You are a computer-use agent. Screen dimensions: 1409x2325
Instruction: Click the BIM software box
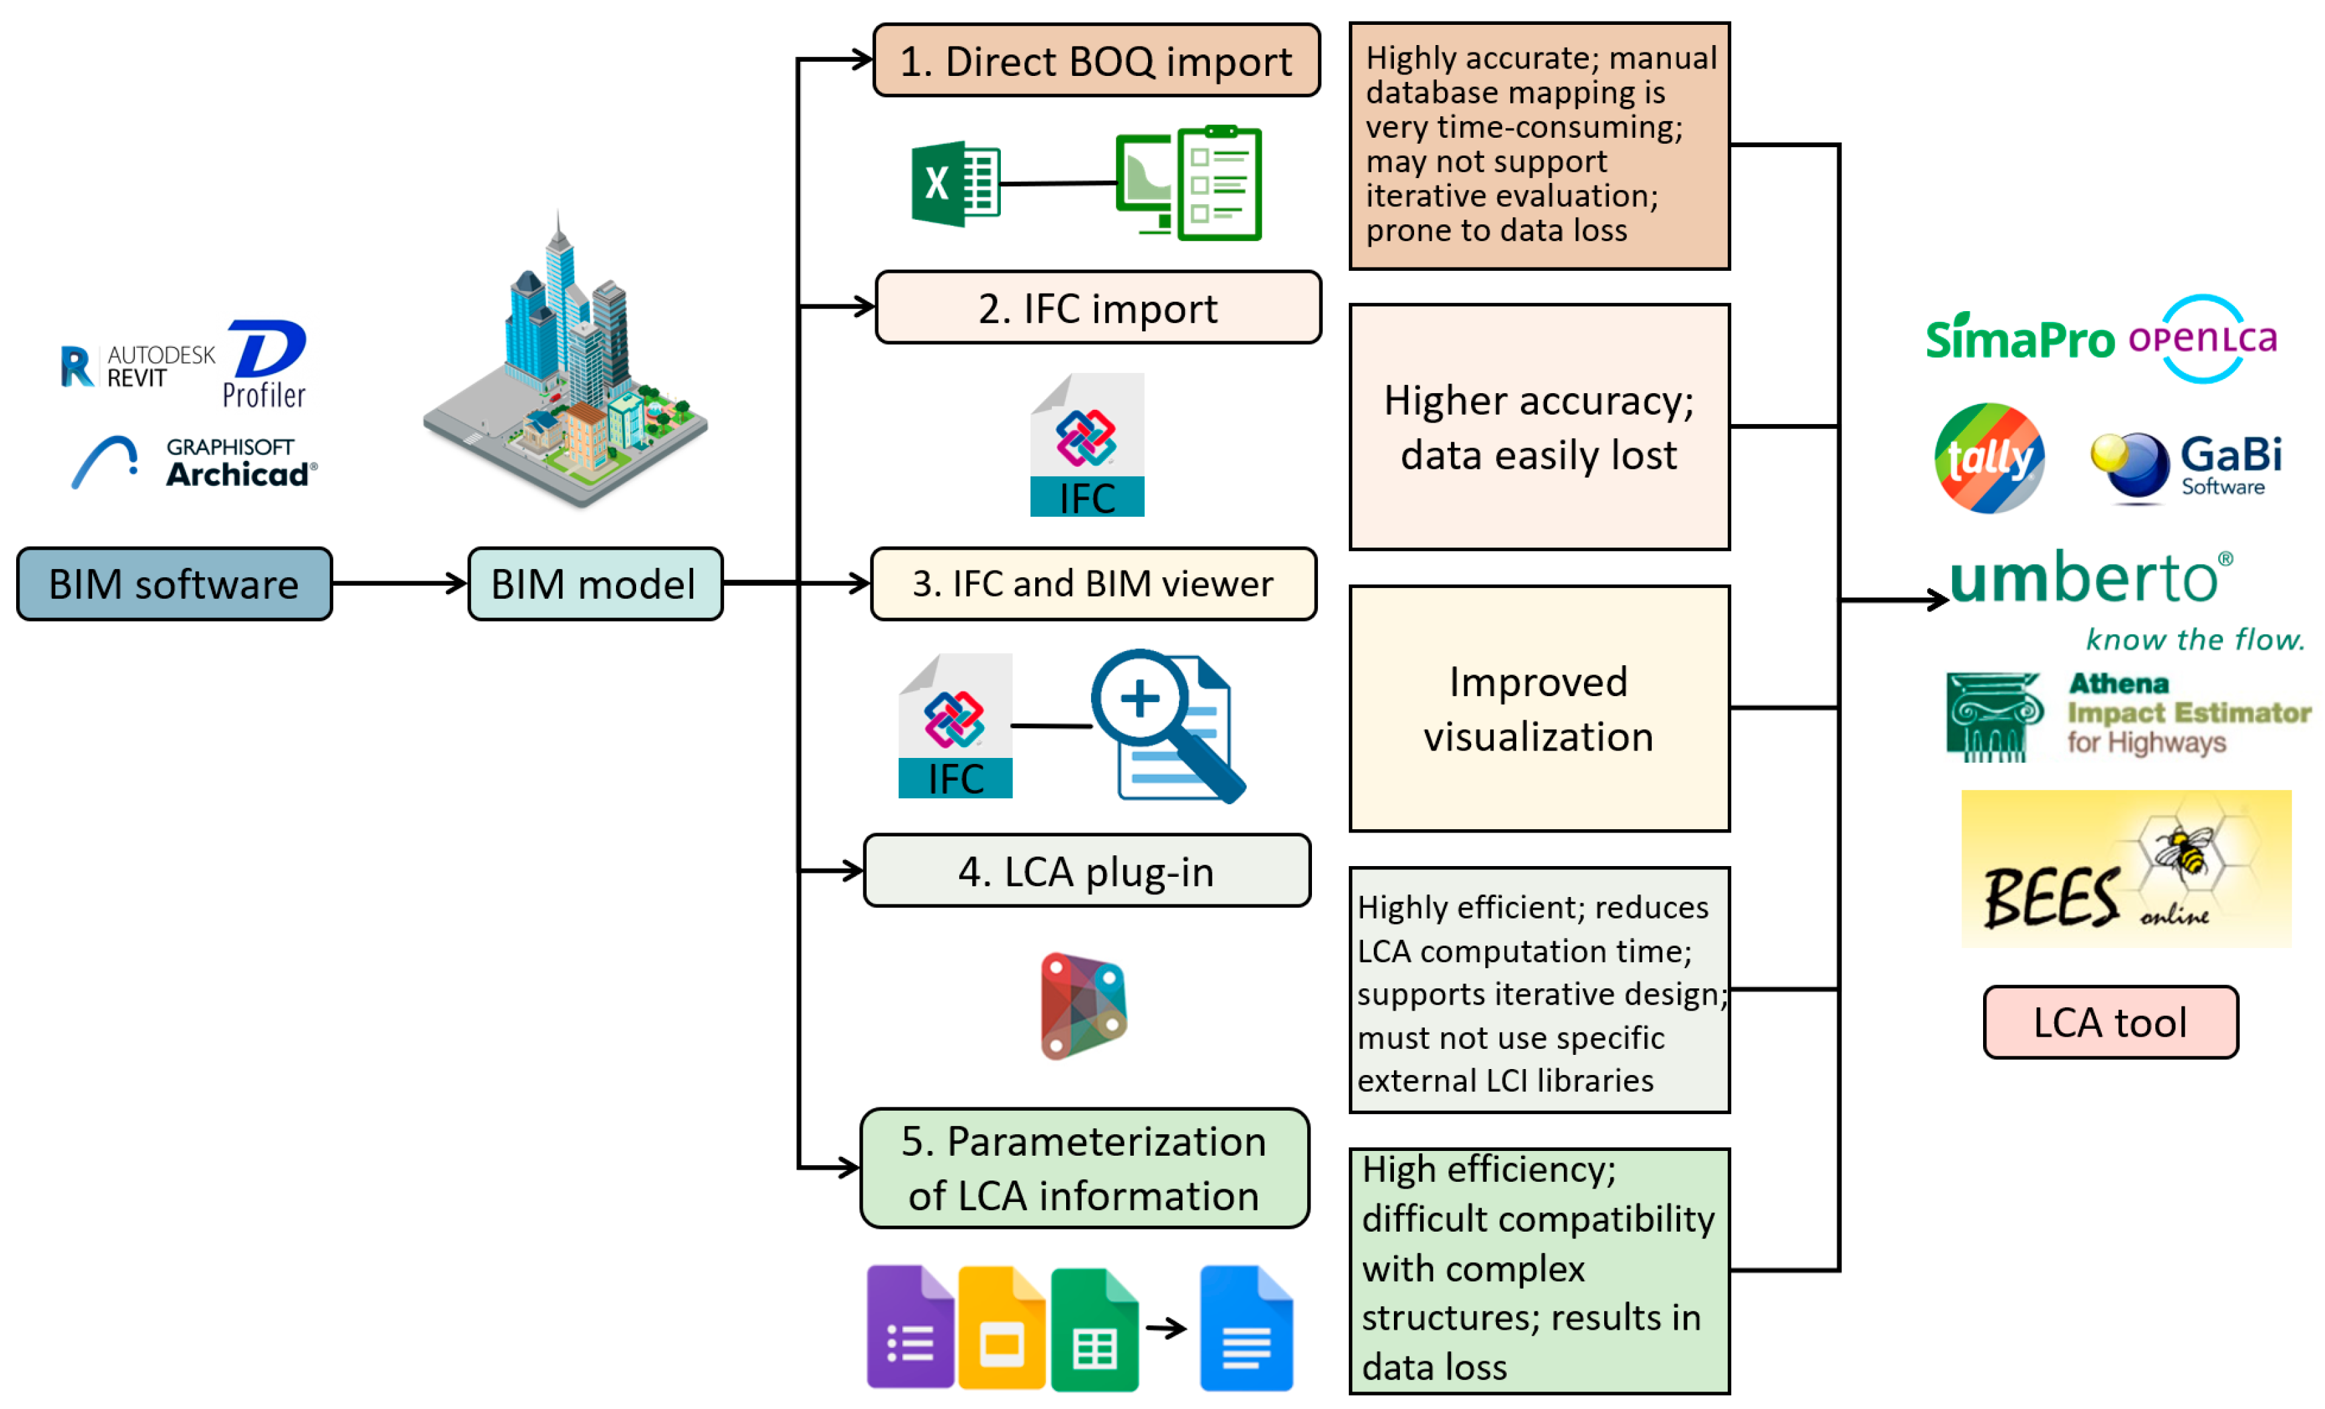(175, 584)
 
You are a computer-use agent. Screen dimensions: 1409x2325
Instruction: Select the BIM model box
(595, 584)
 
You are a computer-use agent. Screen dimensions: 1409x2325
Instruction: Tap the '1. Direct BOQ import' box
(1096, 61)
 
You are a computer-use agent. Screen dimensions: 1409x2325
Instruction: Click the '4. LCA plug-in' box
(1086, 871)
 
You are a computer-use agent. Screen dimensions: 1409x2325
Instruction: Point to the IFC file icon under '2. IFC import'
(1087, 445)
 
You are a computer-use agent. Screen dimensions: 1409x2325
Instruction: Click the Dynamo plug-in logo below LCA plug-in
(1084, 1006)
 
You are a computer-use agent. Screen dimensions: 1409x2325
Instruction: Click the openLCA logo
(2203, 338)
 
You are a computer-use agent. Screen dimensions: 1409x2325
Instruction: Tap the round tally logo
(1989, 459)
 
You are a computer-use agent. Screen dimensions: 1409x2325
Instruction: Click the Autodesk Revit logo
(137, 366)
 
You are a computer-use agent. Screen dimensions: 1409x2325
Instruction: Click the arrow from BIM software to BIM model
(400, 584)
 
